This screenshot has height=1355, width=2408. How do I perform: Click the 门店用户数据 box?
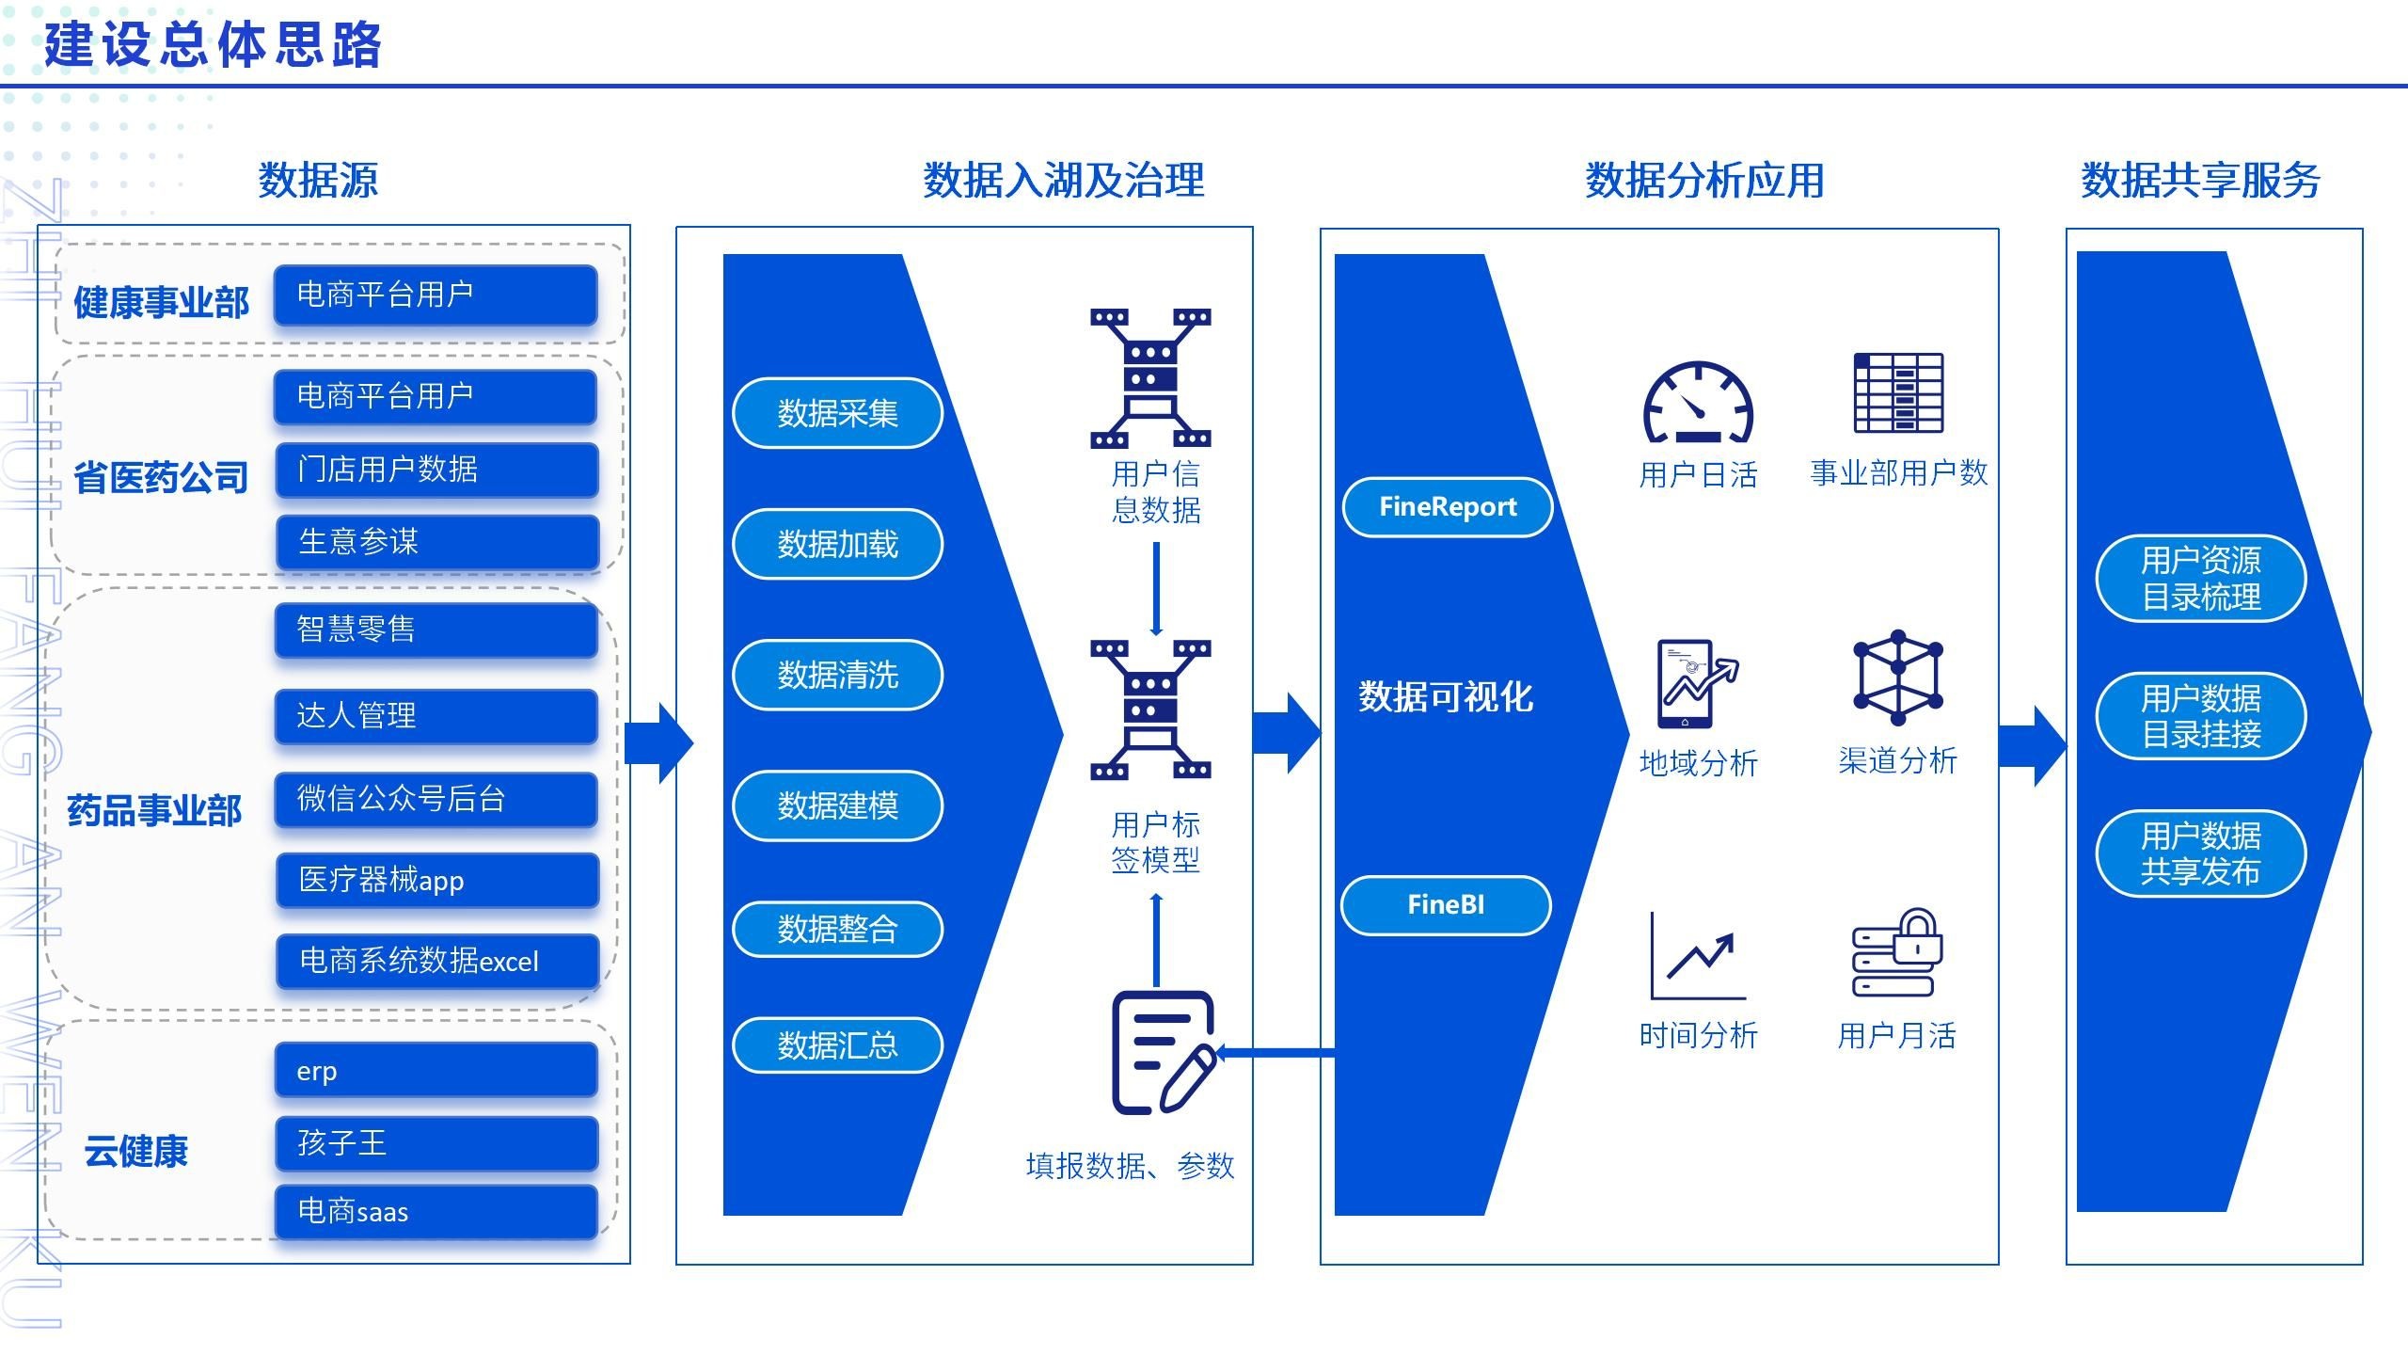(436, 469)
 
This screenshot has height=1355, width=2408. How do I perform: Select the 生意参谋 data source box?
(436, 541)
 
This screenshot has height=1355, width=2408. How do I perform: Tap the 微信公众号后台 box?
(436, 799)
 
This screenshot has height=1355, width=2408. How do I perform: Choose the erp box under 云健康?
(436, 1070)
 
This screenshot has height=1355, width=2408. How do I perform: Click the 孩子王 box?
(436, 1142)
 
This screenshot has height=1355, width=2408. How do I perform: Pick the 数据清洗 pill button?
(837, 675)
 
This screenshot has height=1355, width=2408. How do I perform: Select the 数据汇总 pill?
(837, 1044)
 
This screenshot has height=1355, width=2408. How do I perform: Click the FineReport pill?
(1448, 507)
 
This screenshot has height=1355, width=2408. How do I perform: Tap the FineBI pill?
(1446, 905)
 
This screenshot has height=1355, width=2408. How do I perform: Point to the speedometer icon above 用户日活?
(1698, 403)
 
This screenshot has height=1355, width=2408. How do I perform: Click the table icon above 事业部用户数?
(1898, 392)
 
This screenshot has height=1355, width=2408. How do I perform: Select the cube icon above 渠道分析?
(1898, 677)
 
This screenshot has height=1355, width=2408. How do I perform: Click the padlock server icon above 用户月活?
(1897, 952)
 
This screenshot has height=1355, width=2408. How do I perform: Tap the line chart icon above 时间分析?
(1698, 955)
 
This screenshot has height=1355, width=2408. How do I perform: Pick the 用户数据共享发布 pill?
(2201, 853)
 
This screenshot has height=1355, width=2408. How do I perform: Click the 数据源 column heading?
(318, 180)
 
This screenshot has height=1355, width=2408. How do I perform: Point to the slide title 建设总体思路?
(213, 44)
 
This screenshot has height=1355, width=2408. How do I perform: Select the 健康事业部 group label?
(162, 302)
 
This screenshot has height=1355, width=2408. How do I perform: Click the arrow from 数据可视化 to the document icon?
(1275, 1053)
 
